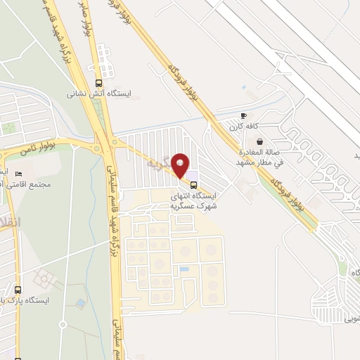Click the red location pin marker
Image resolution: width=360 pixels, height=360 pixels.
pyautogui.click(x=181, y=165)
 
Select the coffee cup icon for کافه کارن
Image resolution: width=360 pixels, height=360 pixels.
pyautogui.click(x=244, y=115)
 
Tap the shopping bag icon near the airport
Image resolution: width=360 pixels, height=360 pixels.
pyautogui.click(x=260, y=141)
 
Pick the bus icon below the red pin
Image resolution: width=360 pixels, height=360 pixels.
pyautogui.click(x=194, y=177)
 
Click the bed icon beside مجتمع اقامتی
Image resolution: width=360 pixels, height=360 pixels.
pyautogui.click(x=18, y=174)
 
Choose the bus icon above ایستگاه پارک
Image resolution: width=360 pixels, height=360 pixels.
pyautogui.click(x=18, y=290)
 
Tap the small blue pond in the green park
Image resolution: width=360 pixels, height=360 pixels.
pyautogui.click(x=81, y=303)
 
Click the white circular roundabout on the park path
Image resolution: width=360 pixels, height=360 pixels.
pyautogui.click(x=63, y=324)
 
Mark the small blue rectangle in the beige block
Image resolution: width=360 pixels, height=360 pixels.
pyautogui.click(x=184, y=269)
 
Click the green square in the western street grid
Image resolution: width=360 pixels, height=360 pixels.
pyautogui.click(x=9, y=129)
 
